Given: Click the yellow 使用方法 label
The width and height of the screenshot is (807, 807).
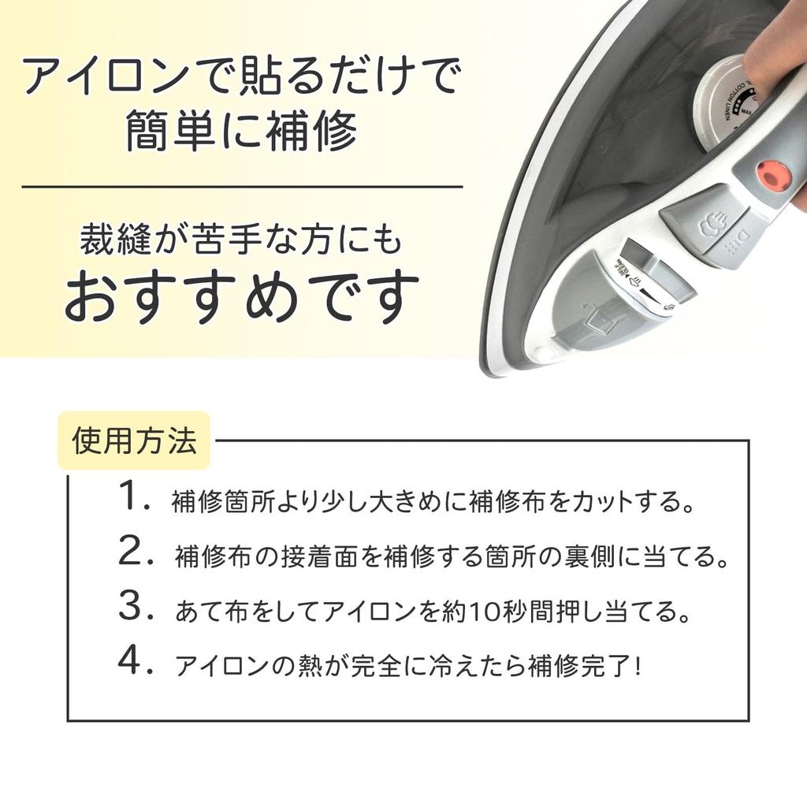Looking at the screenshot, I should click(x=134, y=441).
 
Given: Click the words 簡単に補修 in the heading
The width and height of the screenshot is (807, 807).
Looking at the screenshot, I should click(x=241, y=132).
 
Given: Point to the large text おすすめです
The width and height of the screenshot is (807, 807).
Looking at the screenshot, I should click(x=241, y=298).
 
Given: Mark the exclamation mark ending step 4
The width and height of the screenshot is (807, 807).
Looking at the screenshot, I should click(x=637, y=666).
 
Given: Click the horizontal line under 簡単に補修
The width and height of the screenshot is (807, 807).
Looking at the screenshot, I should click(x=241, y=187).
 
